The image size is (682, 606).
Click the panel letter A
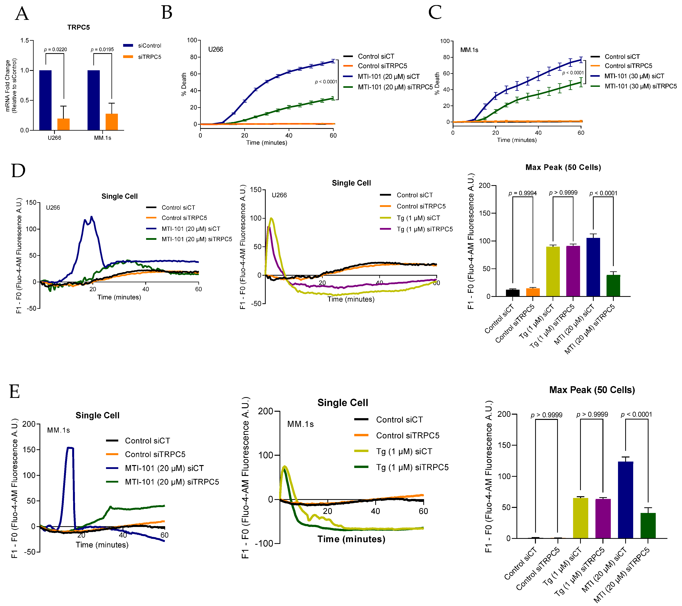tap(22, 14)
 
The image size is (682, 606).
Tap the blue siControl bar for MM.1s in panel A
tap(93, 100)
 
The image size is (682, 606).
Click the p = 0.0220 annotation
tap(55, 49)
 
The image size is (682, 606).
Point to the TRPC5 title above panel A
tap(78, 27)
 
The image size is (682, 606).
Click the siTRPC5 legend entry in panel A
tap(149, 57)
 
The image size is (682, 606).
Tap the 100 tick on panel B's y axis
tap(192, 40)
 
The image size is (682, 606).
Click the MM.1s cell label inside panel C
tap(469, 50)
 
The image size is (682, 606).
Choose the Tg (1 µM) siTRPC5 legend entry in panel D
tap(424, 229)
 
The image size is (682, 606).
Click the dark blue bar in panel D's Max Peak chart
tap(593, 267)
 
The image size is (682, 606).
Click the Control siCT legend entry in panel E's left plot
tap(147, 441)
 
